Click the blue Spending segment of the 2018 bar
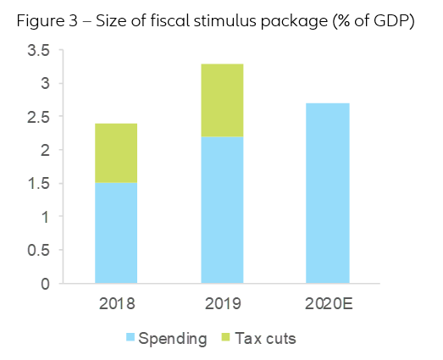116,233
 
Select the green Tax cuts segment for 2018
116,153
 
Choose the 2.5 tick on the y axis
38,117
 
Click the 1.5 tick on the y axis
38,184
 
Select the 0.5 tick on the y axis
38,251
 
